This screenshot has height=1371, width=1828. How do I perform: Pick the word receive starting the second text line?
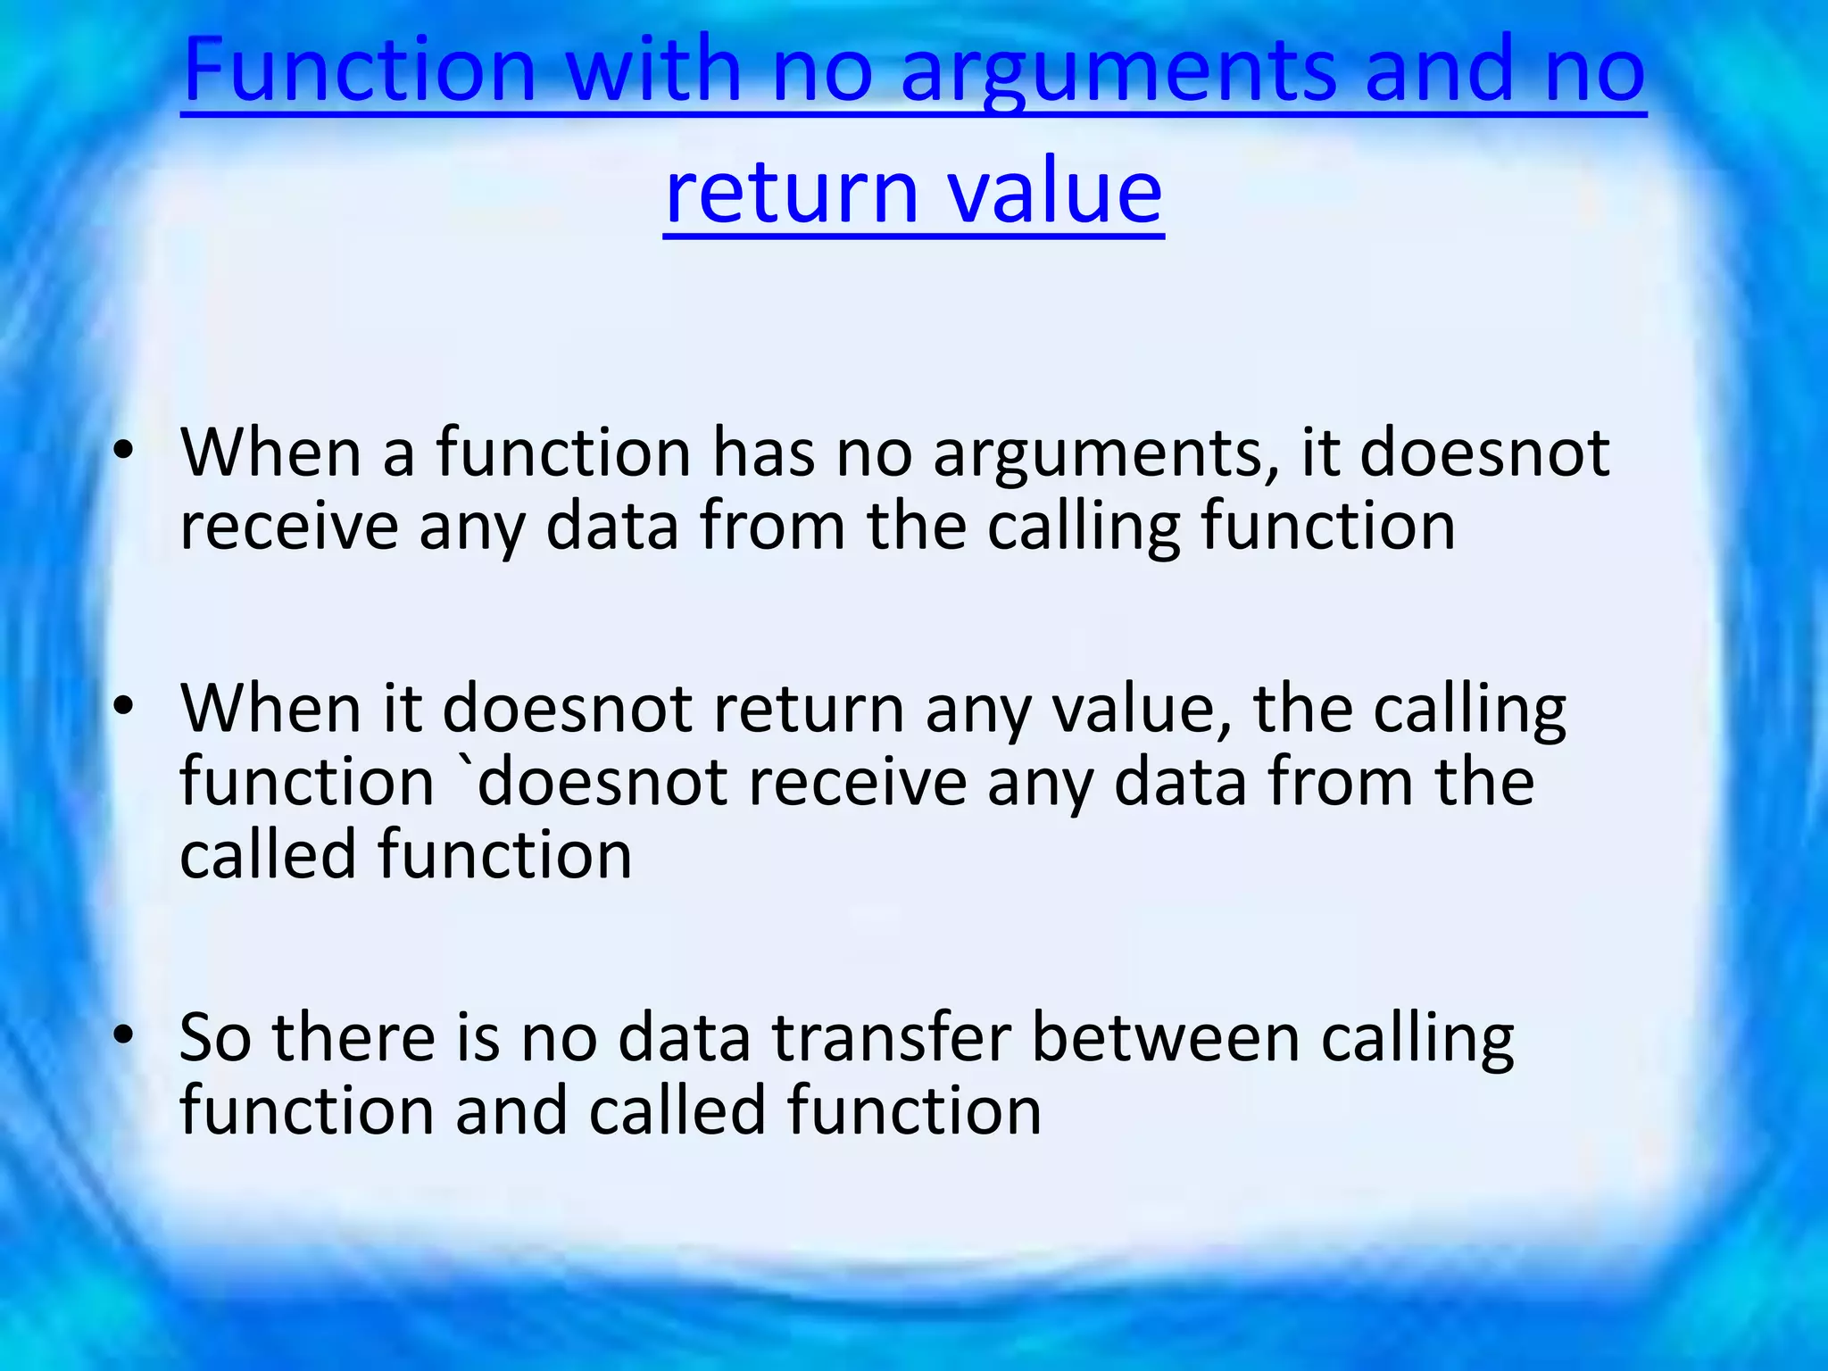288,527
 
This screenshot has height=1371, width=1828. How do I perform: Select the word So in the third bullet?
215,1038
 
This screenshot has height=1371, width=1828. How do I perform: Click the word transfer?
891,1038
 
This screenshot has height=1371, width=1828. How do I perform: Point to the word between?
1165,1038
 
